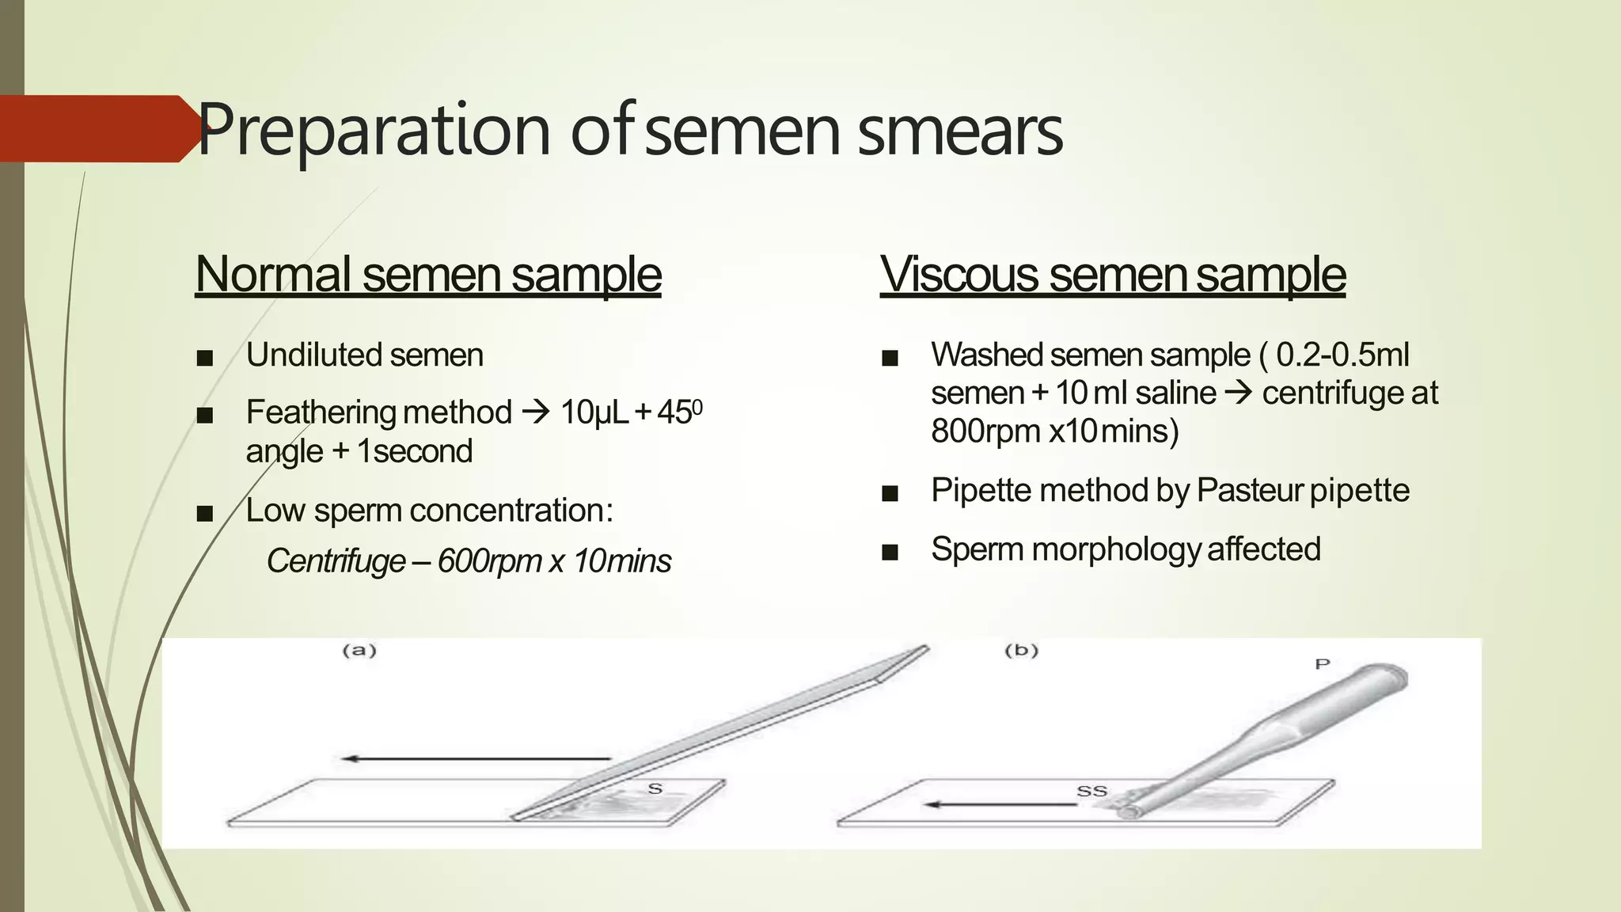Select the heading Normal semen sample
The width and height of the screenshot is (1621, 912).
click(427, 275)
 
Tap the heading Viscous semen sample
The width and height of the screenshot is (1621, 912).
click(1112, 275)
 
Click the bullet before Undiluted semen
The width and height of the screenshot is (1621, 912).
click(205, 358)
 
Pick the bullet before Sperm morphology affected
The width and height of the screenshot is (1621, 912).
click(890, 552)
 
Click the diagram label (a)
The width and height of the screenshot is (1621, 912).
click(359, 651)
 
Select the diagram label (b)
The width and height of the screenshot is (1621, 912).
click(1021, 651)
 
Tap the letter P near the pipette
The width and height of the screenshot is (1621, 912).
click(1322, 663)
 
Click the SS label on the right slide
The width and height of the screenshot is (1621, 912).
click(1091, 791)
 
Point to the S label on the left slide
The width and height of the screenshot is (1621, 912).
click(655, 788)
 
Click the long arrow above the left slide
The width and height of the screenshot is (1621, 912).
click(475, 759)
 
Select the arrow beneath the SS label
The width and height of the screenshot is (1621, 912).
click(1001, 805)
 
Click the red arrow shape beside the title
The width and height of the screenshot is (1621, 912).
click(95, 129)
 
